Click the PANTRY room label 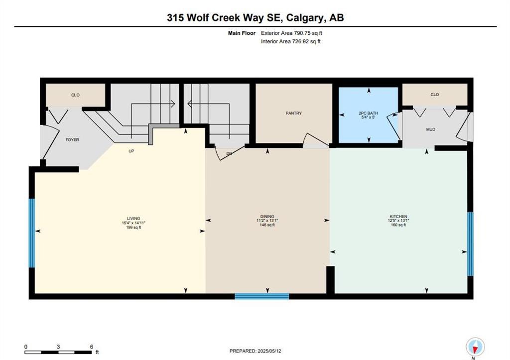(x=294, y=113)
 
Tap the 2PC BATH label (x=368, y=113)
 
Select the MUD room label (x=431, y=129)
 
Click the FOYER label (x=72, y=140)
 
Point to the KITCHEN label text (x=398, y=217)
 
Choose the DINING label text (x=267, y=217)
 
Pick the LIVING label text (x=133, y=219)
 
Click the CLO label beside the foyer (x=76, y=95)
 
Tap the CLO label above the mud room (x=435, y=95)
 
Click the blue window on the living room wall (x=31, y=233)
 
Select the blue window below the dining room (x=262, y=296)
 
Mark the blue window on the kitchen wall (x=470, y=244)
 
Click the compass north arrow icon (x=475, y=347)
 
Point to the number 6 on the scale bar (x=92, y=347)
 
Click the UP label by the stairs (x=131, y=151)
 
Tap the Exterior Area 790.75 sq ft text (x=292, y=33)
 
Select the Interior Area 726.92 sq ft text (x=291, y=42)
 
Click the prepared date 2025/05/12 (x=269, y=351)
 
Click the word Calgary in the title (x=305, y=17)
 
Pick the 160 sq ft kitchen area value (x=398, y=225)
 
